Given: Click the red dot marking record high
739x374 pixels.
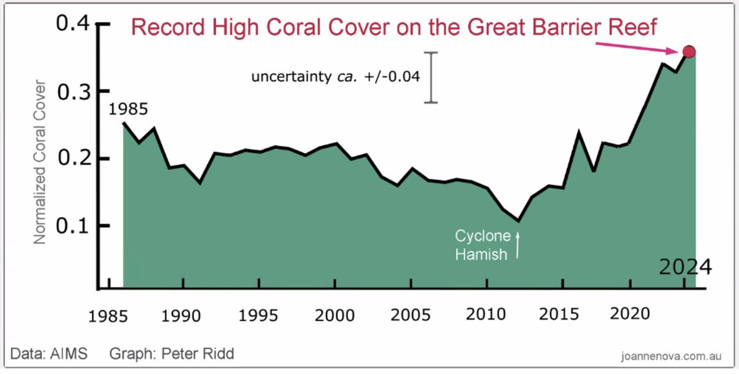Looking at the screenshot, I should tap(689, 52).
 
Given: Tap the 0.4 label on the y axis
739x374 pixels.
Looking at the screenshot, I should tap(73, 24).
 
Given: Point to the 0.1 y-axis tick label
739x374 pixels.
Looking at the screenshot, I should tap(73, 225).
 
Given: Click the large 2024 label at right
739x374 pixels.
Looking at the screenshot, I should tap(685, 268).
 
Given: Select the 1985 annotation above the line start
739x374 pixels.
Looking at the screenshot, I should tap(128, 110).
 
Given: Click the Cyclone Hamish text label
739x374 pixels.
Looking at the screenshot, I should tap(483, 245).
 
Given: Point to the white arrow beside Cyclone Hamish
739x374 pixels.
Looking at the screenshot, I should tap(518, 245).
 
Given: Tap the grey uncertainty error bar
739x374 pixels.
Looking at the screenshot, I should tap(433, 78).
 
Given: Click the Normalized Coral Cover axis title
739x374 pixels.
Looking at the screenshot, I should tap(40, 161).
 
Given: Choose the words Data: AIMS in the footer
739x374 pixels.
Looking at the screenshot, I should tap(49, 354).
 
